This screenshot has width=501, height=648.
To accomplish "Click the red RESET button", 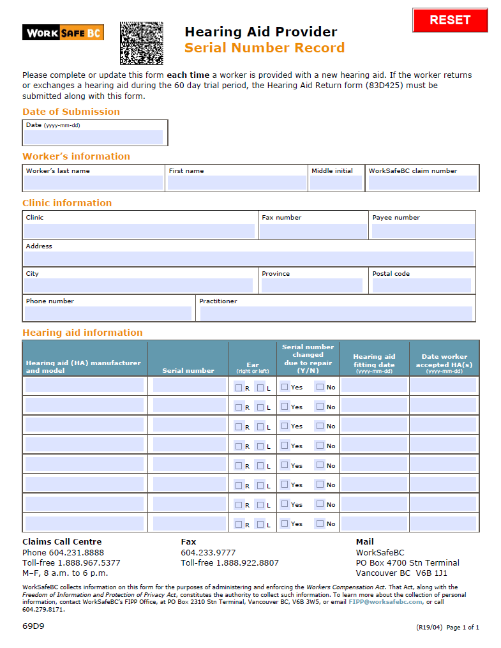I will [x=450, y=20].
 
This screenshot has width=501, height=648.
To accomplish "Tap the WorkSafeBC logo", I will [x=63, y=33].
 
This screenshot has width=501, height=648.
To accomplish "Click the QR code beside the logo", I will [x=142, y=43].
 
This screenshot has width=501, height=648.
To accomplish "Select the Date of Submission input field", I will [x=94, y=137].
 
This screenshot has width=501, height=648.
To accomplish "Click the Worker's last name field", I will [x=93, y=183].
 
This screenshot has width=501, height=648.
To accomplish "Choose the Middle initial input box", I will [x=336, y=183].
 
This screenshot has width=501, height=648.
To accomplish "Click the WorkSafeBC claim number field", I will [x=422, y=183].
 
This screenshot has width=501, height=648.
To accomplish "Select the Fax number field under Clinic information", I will [x=313, y=231].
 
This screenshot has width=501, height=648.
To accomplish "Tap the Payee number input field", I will [x=423, y=231].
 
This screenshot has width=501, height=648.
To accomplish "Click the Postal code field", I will [x=422, y=285].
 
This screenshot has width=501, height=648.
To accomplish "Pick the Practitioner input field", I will [x=336, y=313].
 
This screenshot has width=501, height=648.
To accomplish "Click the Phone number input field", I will [x=108, y=313].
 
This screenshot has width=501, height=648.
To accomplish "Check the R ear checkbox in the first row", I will [x=239, y=388].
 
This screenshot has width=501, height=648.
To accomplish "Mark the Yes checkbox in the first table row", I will [x=285, y=387].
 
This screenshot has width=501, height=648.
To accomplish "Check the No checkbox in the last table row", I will [x=320, y=524].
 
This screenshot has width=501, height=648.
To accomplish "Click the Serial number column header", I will [x=188, y=370].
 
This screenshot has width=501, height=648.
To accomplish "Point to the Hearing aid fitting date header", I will [x=374, y=361].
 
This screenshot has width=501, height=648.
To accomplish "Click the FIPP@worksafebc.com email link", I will [x=385, y=602].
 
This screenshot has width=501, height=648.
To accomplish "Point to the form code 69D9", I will [x=33, y=626].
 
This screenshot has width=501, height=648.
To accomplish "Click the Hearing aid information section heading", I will [x=82, y=333].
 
